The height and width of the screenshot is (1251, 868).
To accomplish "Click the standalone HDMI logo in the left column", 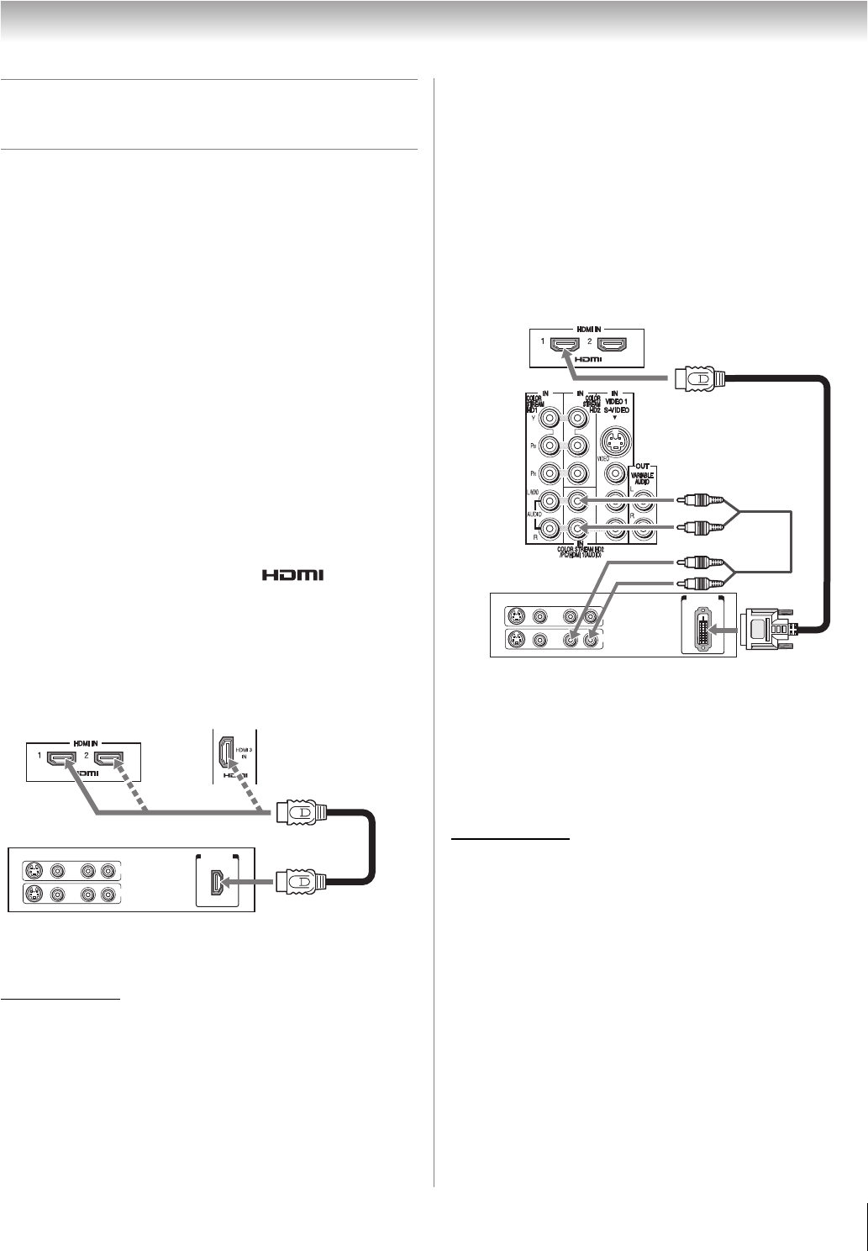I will pos(294,576).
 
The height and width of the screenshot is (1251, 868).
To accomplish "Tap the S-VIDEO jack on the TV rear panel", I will pos(617,440).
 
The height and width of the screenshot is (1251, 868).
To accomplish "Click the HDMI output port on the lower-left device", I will pos(217,881).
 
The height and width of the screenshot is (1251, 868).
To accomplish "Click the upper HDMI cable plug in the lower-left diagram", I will pos(298,812).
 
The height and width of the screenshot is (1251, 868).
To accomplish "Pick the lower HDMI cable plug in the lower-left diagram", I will pos(298,881).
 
